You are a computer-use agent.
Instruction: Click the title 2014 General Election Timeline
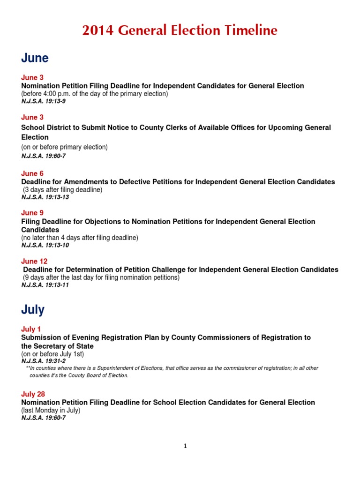point(180,30)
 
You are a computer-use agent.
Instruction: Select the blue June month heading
point(35,58)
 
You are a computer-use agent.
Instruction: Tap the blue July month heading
point(33,310)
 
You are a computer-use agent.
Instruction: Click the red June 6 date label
point(32,174)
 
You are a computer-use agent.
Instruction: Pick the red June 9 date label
point(32,213)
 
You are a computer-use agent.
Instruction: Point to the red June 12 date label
point(34,261)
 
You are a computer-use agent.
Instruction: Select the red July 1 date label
point(31,329)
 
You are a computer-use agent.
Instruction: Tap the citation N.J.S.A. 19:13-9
point(43,101)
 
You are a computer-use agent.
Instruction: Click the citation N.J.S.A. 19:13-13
point(45,197)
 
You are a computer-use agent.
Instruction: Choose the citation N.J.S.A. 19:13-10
point(45,245)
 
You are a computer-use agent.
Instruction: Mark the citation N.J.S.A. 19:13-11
point(45,285)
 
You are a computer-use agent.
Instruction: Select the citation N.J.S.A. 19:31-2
point(43,361)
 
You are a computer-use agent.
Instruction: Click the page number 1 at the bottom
point(185,446)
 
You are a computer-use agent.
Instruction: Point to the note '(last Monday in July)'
point(51,410)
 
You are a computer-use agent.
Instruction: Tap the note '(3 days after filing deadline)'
point(63,190)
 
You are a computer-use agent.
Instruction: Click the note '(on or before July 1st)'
point(52,354)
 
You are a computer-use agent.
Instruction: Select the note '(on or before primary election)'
point(64,147)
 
